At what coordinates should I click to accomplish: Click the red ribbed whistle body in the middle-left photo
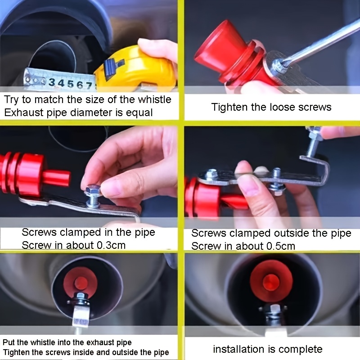coord(22,173)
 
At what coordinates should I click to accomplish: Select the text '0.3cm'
coord(109,245)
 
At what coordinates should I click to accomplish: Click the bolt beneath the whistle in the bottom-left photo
coord(81,300)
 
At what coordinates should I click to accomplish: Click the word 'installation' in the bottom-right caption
coord(236,349)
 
